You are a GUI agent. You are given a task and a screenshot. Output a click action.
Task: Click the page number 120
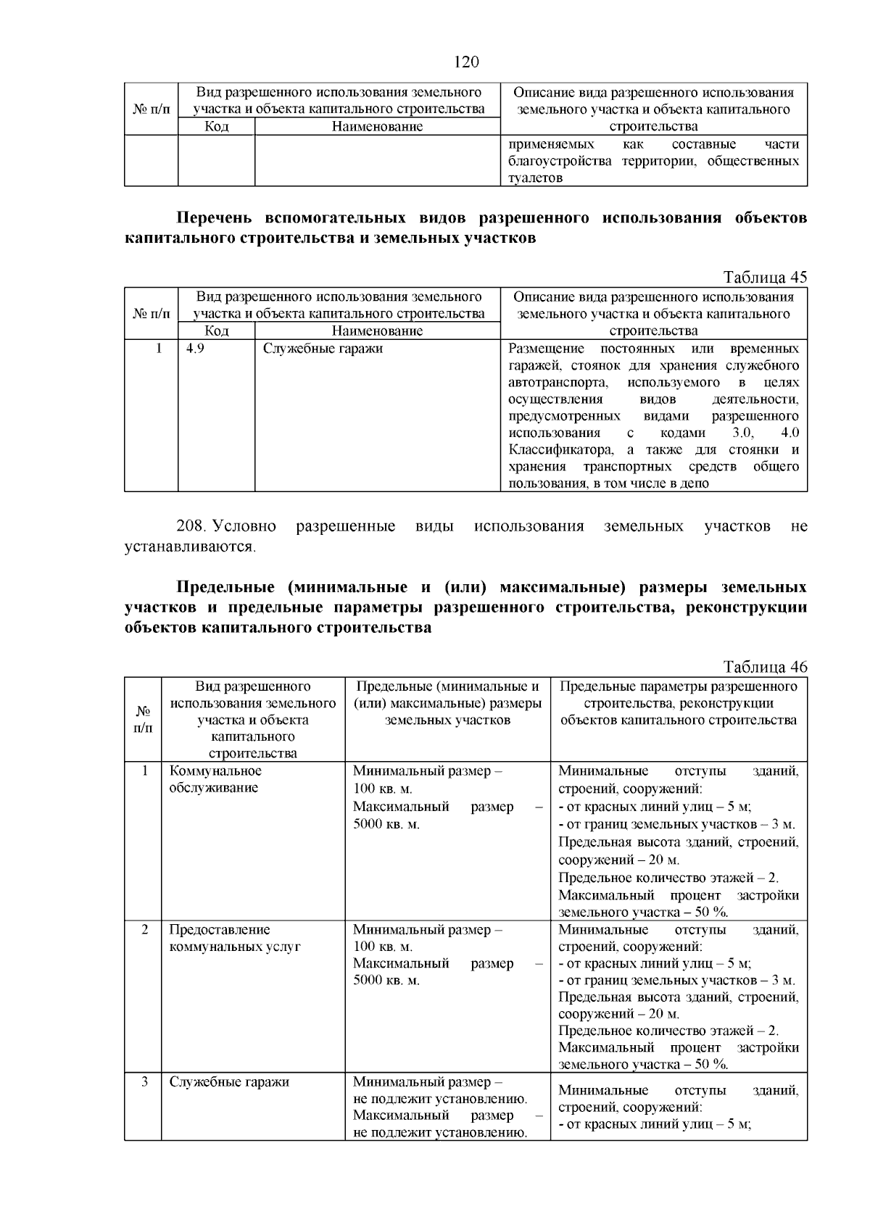[466, 62]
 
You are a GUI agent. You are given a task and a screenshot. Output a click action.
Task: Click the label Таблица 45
[765, 278]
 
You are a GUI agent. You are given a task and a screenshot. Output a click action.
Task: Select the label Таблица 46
[765, 667]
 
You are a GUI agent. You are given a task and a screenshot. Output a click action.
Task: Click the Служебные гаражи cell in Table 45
[323, 349]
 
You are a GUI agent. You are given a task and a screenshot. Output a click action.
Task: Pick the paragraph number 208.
[192, 526]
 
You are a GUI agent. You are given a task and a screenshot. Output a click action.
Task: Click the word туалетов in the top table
[535, 178]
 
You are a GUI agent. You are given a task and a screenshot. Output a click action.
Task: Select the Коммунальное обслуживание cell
[215, 779]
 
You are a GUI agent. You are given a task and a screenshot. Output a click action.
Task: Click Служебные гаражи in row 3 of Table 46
[229, 1082]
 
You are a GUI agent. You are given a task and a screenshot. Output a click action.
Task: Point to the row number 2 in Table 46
[144, 930]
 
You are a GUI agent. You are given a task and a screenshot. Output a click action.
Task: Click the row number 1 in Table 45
[157, 349]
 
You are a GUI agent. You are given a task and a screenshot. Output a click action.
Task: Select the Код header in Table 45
[216, 331]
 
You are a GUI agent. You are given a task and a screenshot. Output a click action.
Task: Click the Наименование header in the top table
[377, 127]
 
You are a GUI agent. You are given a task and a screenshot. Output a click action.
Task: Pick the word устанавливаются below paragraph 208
[190, 546]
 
